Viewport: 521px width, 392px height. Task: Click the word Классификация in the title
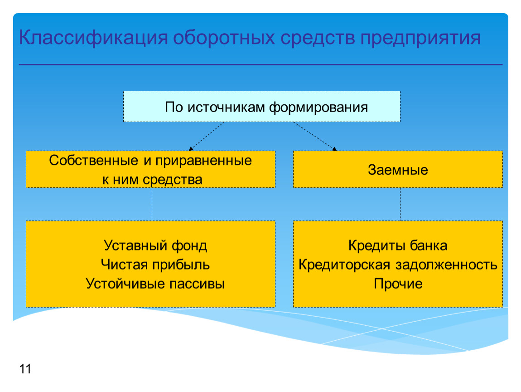point(93,38)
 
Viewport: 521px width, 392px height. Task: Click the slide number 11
point(25,369)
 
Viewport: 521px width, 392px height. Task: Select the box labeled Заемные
point(398,169)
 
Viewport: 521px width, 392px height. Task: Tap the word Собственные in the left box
point(94,161)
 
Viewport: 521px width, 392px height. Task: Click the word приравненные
point(204,161)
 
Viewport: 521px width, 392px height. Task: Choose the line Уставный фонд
point(155,246)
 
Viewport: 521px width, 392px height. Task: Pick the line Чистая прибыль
point(155,265)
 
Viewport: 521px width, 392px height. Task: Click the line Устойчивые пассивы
point(155,284)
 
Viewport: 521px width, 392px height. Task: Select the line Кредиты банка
point(398,246)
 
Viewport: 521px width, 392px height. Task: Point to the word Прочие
point(398,284)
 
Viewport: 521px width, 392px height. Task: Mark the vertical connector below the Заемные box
point(400,204)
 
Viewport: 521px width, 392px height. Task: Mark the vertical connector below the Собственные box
point(152,204)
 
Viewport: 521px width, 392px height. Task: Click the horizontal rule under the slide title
point(260,64)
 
